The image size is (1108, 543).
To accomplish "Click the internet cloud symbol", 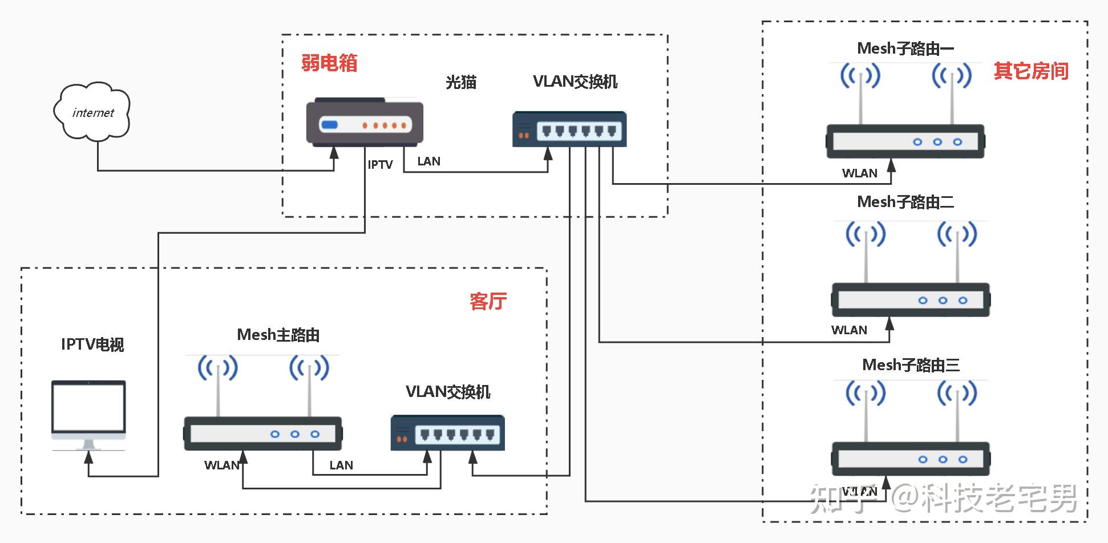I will pyautogui.click(x=92, y=112).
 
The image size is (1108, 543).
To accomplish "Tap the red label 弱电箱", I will pyautogui.click(x=329, y=62).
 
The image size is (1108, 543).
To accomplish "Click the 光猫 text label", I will pyautogui.click(x=460, y=82).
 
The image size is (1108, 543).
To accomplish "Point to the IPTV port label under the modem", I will pyautogui.click(x=380, y=165).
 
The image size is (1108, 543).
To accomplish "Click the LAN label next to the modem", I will pyautogui.click(x=428, y=161).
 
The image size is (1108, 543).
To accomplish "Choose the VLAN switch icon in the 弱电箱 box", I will pyautogui.click(x=569, y=129).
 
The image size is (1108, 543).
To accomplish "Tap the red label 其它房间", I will pyautogui.click(x=1031, y=71).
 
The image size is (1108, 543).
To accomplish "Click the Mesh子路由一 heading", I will pyautogui.click(x=905, y=48).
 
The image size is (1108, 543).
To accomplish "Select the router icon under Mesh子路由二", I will pyautogui.click(x=911, y=299).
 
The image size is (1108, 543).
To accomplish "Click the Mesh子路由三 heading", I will pyautogui.click(x=911, y=365).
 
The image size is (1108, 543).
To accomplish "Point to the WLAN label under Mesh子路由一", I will pyautogui.click(x=859, y=173).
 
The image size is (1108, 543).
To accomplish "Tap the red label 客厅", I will pyautogui.click(x=488, y=301).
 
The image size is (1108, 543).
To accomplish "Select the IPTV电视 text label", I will pyautogui.click(x=92, y=345).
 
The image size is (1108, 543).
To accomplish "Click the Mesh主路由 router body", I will pyautogui.click(x=263, y=433).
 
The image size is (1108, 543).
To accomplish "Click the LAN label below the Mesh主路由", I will pyautogui.click(x=341, y=465).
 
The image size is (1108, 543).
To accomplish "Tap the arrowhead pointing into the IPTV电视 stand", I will pyautogui.click(x=88, y=456).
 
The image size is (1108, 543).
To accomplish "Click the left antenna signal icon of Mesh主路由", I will pyautogui.click(x=217, y=368).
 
